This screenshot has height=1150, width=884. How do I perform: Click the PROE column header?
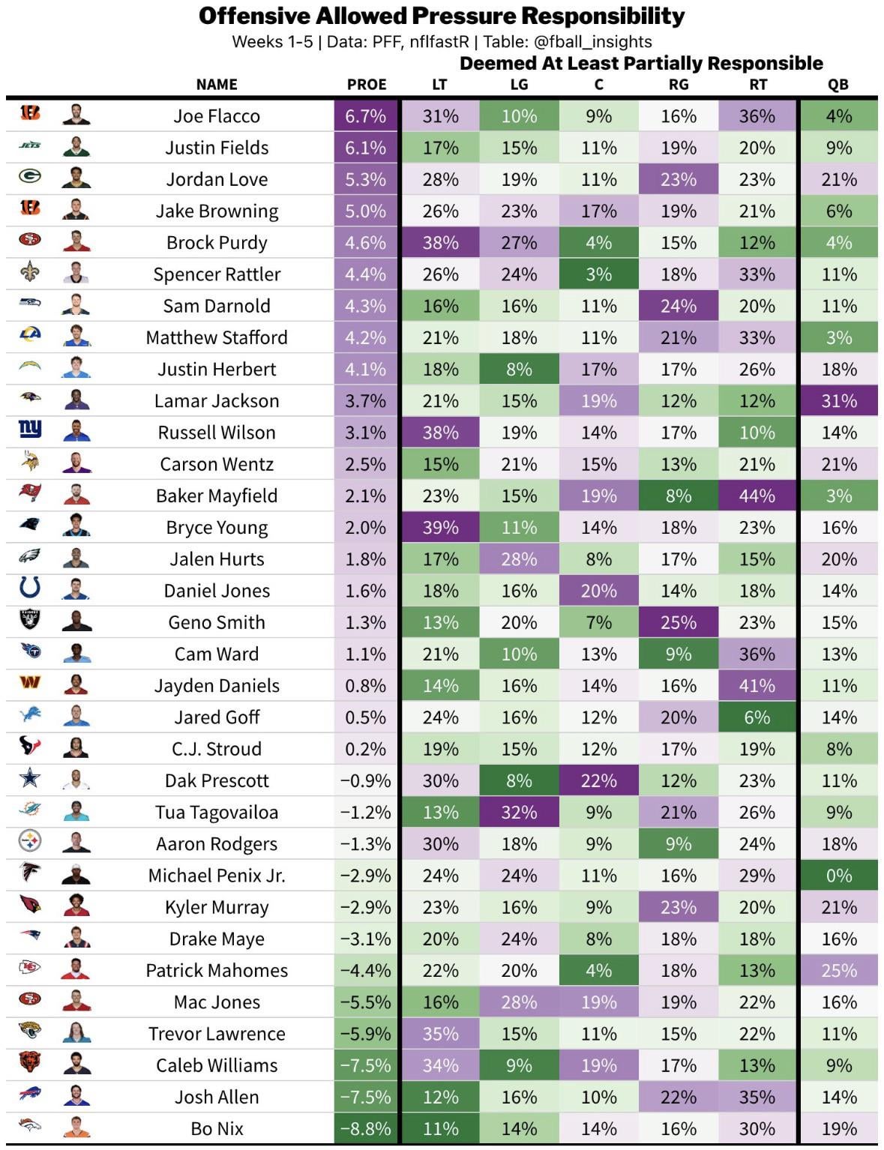(366, 85)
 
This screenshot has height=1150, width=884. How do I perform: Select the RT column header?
(757, 85)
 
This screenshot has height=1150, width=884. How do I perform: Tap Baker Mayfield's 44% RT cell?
(757, 496)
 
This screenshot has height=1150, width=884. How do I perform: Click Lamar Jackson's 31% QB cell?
(838, 401)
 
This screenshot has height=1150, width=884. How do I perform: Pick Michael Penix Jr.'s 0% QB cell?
(838, 876)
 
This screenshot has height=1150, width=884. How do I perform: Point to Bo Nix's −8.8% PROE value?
(366, 1128)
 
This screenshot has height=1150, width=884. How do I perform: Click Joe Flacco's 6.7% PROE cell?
(366, 116)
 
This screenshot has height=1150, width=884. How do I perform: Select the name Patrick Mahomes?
(217, 970)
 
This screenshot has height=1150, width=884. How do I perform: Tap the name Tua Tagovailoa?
(217, 812)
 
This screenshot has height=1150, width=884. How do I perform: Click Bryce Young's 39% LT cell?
(440, 527)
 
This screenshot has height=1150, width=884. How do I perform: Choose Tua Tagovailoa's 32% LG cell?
(519, 812)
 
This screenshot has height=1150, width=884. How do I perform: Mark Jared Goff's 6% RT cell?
(757, 717)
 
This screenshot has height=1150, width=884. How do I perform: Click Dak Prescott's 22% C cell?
(598, 780)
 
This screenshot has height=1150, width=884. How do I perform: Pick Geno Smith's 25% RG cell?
(678, 622)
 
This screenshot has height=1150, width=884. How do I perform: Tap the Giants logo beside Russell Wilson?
(30, 430)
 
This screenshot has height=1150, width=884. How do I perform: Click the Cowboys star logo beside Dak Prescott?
(30, 779)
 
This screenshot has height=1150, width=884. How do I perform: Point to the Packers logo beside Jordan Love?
(30, 177)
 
